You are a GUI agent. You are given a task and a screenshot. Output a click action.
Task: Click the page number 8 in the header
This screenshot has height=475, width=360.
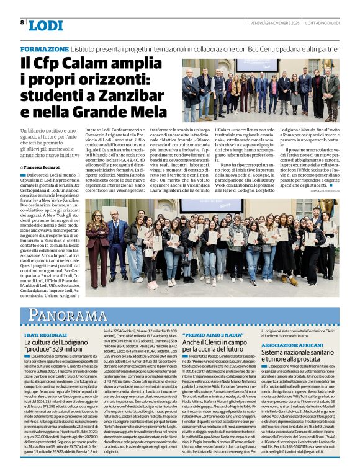(22, 23)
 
